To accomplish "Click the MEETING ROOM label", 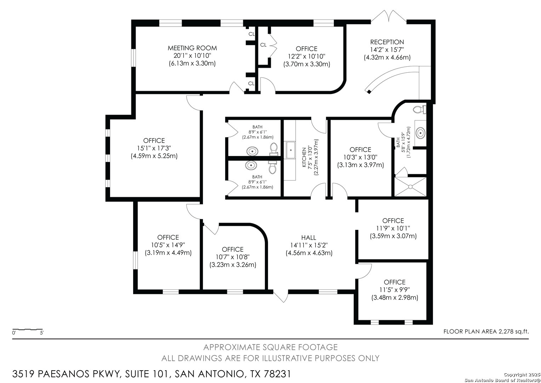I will pyautogui.click(x=192, y=48).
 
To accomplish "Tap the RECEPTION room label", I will pyautogui.click(x=387, y=42).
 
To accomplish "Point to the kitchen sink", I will pyautogui.click(x=291, y=150).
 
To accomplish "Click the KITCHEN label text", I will pyautogui.click(x=304, y=157).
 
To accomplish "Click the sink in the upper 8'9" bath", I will pyautogui.click(x=252, y=151).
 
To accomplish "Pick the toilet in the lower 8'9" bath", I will pyautogui.click(x=272, y=167).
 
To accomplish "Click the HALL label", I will pyautogui.click(x=309, y=238).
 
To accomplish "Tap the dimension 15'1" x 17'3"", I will pyautogui.click(x=154, y=148).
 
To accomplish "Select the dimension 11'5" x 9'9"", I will pyautogui.click(x=394, y=290).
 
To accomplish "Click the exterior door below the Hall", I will pyautogui.click(x=280, y=296).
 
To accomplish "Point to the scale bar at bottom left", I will pyautogui.click(x=28, y=330).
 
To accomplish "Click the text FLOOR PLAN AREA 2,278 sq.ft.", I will pyautogui.click(x=486, y=332).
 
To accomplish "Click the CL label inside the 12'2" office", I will pyautogui.click(x=263, y=45).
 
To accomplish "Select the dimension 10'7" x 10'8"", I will pyautogui.click(x=233, y=257).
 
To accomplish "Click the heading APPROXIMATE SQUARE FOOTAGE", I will pyautogui.click(x=270, y=347).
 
